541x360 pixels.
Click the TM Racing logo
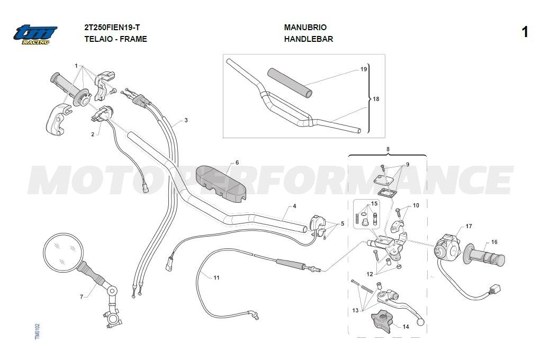(x=35, y=35)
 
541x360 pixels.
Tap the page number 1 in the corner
(x=525, y=32)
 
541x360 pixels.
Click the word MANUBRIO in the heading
(x=305, y=28)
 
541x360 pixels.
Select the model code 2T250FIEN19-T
(x=112, y=28)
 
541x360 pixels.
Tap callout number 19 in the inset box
(x=364, y=69)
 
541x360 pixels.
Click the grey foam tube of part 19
(x=290, y=82)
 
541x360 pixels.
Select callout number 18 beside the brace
(x=376, y=99)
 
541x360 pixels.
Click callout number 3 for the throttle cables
(x=186, y=120)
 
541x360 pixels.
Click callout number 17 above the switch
(x=468, y=227)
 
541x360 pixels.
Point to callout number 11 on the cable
(x=217, y=277)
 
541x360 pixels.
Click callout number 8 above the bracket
(x=388, y=149)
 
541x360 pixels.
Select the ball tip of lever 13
(x=420, y=322)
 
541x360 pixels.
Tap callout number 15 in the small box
(x=374, y=204)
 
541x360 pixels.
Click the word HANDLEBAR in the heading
(x=309, y=39)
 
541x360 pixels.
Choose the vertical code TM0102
(x=38, y=332)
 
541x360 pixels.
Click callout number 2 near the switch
(x=93, y=134)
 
